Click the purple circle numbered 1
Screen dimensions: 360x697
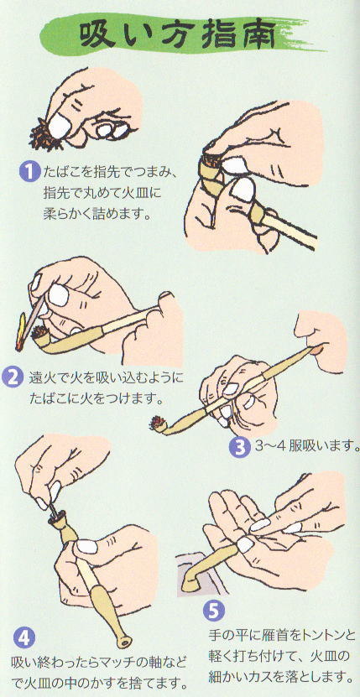click(29, 172)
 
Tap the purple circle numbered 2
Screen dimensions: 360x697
click(13, 377)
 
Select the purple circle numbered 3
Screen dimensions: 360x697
click(239, 447)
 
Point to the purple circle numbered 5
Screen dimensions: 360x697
click(214, 611)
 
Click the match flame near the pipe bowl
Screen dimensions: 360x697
click(21, 331)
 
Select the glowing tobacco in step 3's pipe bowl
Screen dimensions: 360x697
click(157, 422)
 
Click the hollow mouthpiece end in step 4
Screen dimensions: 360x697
click(124, 642)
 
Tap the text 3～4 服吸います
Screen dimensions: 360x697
click(306, 447)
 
